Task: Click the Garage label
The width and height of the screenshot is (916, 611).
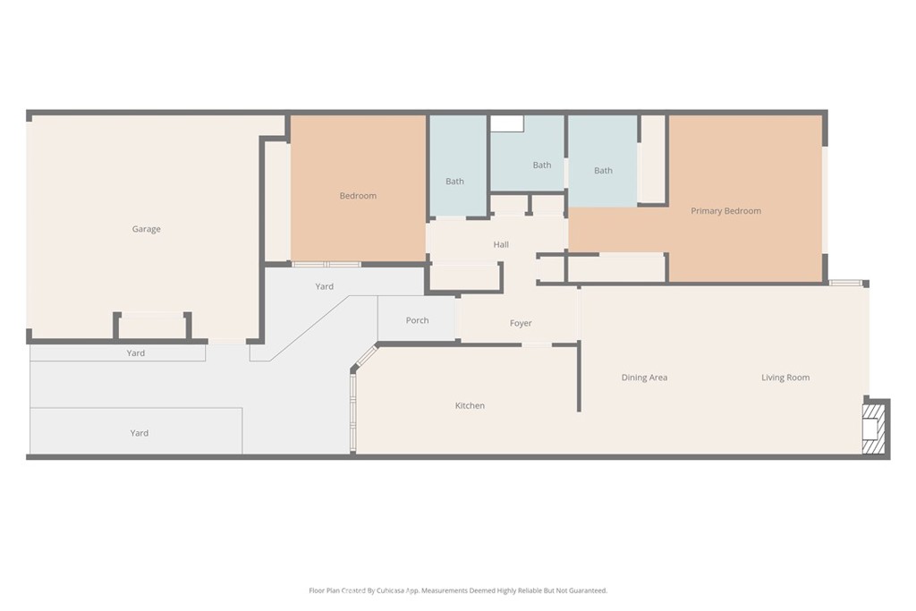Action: coord(146,229)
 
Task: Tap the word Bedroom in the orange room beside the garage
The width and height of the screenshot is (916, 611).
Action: coord(358,196)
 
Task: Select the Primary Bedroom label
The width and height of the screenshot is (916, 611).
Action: coord(725,211)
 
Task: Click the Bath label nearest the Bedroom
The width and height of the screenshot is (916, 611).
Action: coord(454,182)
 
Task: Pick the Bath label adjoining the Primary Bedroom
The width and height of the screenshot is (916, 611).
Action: coord(603,171)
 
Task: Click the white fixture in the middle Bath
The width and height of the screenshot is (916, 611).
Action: coord(506,123)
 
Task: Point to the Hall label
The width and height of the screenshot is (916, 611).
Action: coord(501,244)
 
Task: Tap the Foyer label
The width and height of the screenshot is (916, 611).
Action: coord(521,323)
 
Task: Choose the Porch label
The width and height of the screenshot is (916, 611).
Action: coord(417,320)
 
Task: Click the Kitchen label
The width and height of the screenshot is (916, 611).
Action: coord(470,405)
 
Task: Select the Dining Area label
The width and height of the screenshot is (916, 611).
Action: coord(644,378)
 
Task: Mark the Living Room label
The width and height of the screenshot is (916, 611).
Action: coord(785,378)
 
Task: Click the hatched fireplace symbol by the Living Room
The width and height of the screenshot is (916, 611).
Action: coord(874,429)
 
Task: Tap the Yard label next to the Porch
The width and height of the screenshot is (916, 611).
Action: coord(325,286)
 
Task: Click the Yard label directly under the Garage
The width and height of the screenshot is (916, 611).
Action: coord(136,353)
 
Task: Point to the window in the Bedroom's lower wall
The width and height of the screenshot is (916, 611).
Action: coord(327,264)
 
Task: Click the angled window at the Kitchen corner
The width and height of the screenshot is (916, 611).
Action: coord(367,358)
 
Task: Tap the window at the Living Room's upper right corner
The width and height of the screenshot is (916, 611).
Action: coord(844,283)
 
